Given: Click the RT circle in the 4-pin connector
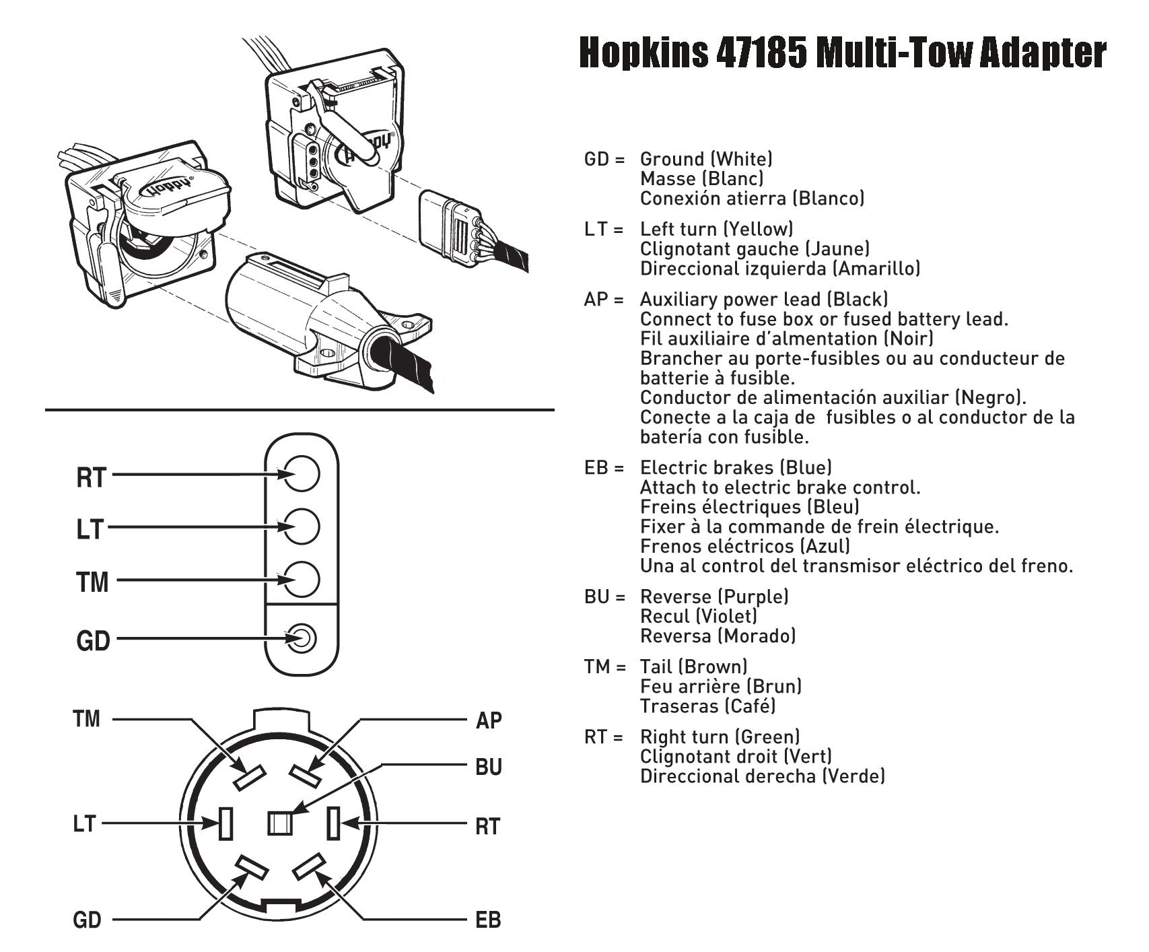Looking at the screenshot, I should tap(301, 473).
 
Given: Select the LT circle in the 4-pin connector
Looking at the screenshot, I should tap(301, 526).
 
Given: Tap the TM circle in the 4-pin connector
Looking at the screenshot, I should tap(301, 579).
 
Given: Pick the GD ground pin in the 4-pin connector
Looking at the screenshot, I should tap(301, 638).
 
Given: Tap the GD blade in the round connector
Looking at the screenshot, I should tap(252, 869).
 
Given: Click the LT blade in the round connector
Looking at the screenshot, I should tap(226, 823).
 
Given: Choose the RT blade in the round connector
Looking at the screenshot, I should tap(333, 823).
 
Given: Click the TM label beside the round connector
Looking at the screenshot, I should tap(86, 719).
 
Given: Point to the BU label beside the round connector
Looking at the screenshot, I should tap(488, 767).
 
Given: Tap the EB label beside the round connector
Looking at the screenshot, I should tap(488, 920).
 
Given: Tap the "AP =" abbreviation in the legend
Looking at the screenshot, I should tap(604, 299).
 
